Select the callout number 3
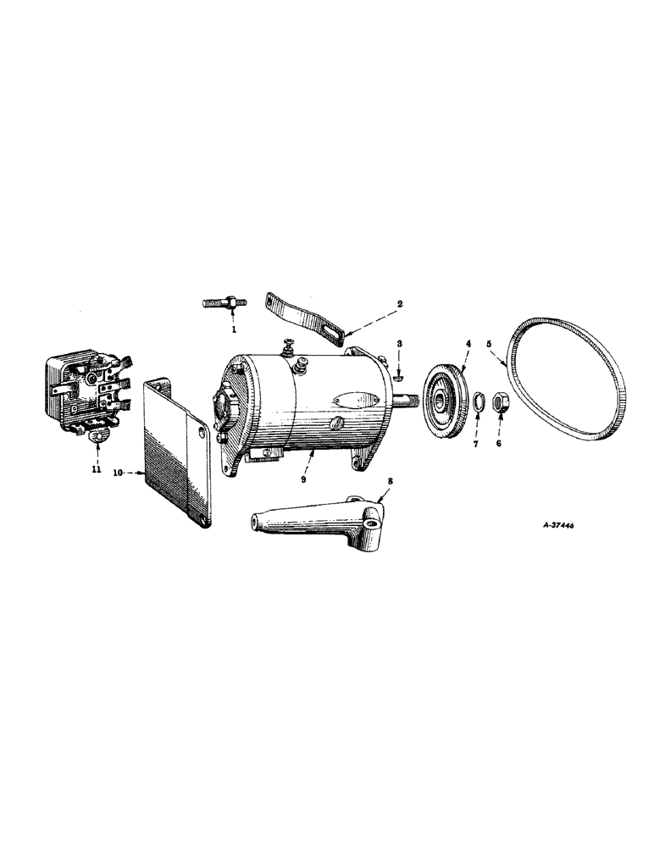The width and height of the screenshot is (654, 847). [x=399, y=345]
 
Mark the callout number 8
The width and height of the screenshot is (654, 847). [x=390, y=480]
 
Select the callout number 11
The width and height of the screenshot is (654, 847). [x=97, y=468]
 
